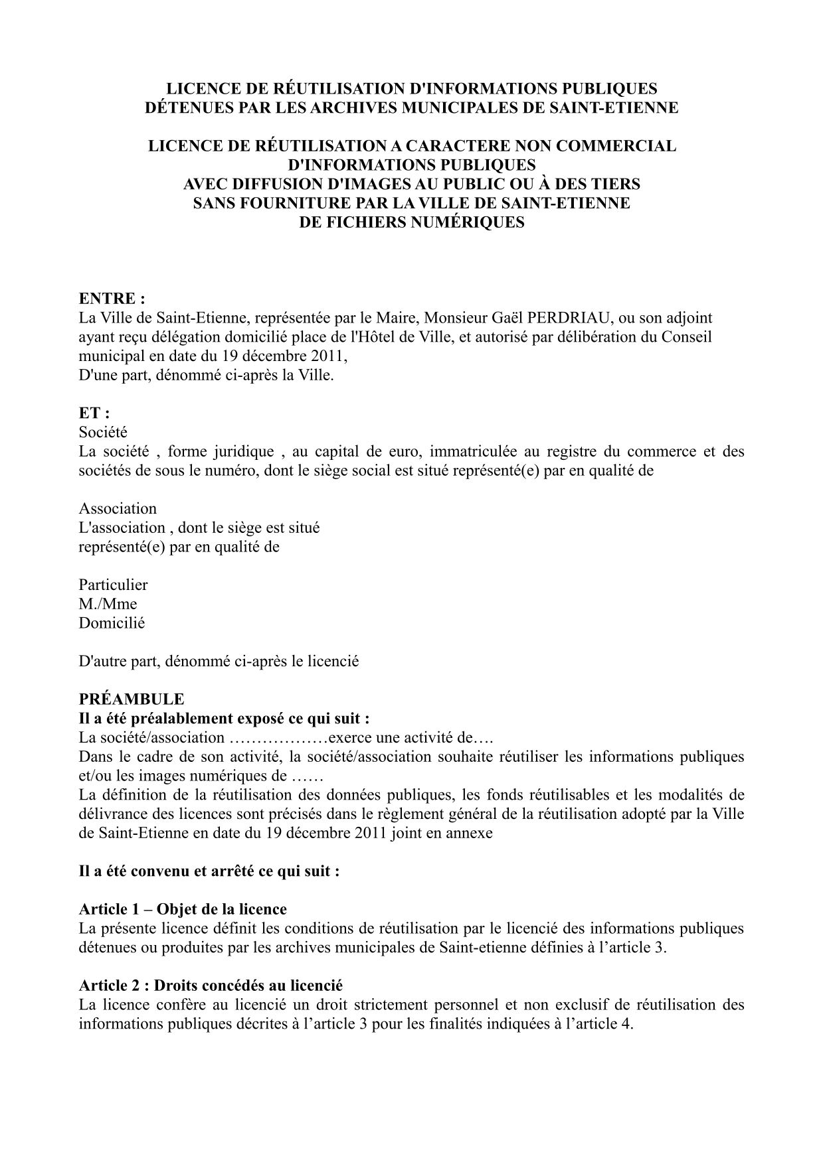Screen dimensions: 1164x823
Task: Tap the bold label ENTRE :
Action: (x=112, y=299)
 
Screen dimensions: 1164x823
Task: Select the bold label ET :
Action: (x=94, y=413)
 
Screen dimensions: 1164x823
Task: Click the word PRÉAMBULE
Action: (x=132, y=699)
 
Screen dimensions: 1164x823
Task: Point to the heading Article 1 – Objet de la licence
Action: (x=183, y=909)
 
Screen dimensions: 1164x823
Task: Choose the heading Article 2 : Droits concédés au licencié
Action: (x=211, y=985)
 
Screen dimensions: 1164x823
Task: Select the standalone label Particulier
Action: (x=113, y=585)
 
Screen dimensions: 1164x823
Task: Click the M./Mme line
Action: (x=108, y=604)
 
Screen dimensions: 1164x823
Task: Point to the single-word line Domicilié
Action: (x=112, y=623)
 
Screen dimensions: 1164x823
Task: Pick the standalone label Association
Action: (x=118, y=508)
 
